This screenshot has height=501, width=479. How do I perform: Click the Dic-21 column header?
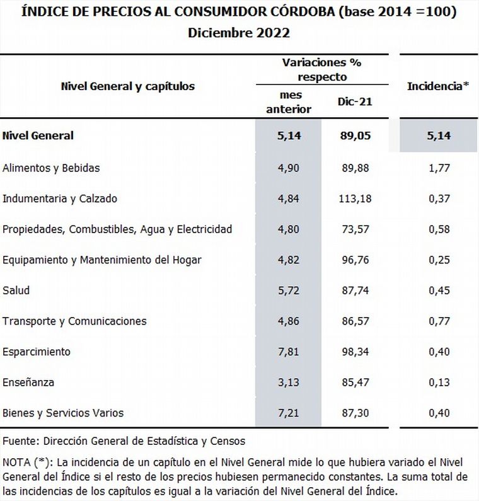point(355,101)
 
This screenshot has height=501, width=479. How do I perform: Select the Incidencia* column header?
point(438,86)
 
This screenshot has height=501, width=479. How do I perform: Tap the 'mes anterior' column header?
point(289,101)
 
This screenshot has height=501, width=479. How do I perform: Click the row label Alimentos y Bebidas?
point(51,168)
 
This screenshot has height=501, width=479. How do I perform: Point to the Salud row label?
point(16,291)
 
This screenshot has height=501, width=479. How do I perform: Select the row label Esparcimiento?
point(37,352)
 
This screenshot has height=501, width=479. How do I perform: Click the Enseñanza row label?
point(28,382)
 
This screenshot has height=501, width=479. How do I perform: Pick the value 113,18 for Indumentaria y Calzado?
point(355,199)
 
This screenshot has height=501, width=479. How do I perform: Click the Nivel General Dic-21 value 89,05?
point(355,135)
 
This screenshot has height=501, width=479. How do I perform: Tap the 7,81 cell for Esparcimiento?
point(289,352)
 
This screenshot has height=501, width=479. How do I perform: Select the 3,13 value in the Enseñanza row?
point(289,382)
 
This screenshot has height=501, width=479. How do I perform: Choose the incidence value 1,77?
point(438,168)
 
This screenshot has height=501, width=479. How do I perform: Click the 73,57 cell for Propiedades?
point(355,229)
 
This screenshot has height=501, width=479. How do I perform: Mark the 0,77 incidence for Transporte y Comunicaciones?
point(438,321)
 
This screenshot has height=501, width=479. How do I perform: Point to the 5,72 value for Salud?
point(289,291)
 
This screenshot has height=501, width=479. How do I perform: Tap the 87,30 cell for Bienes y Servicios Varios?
point(355,413)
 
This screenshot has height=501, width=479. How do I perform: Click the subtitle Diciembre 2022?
point(239,33)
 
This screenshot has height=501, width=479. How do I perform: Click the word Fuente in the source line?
point(19,441)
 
